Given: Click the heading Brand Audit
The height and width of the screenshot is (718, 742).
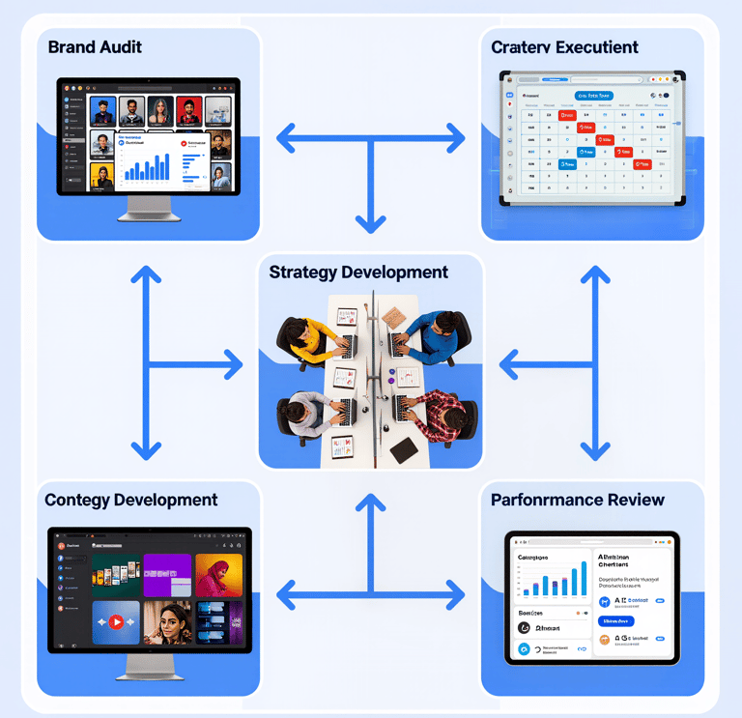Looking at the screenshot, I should [x=95, y=46].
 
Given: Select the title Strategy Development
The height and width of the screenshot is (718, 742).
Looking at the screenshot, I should [x=358, y=273].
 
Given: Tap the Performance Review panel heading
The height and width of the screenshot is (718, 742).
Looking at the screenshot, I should [x=578, y=500].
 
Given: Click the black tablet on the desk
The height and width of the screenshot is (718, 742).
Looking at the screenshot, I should [x=404, y=449].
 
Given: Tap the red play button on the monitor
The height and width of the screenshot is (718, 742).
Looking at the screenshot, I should [x=117, y=622].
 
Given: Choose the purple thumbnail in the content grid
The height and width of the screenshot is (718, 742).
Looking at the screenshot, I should [x=167, y=574].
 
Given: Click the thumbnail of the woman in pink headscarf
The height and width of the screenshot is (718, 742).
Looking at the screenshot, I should [x=218, y=574].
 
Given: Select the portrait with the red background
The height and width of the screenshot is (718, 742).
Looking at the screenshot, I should [x=159, y=109].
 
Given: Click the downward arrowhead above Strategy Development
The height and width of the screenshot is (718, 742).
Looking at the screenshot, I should [x=371, y=224].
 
